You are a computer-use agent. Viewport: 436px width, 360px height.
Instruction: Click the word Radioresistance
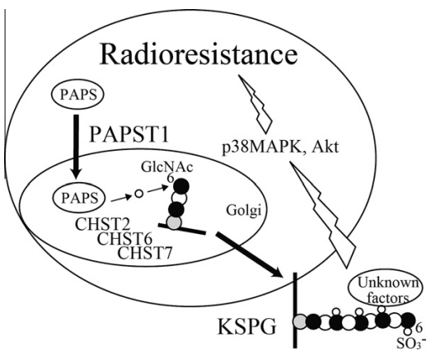point(199,54)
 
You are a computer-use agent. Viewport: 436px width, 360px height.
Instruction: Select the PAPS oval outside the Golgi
point(77,95)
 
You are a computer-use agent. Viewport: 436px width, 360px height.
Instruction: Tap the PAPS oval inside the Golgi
point(79,199)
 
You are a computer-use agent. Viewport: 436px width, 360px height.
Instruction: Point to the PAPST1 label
point(129,134)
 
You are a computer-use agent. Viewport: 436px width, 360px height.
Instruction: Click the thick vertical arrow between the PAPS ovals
point(76,146)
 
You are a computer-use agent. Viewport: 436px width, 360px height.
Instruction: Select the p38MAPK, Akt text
point(280,146)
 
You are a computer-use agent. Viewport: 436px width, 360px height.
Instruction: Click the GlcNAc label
point(166,167)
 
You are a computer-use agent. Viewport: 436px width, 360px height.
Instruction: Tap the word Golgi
point(244,210)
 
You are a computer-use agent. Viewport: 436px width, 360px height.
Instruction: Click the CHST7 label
point(145,253)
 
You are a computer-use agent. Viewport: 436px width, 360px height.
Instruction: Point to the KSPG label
point(246,327)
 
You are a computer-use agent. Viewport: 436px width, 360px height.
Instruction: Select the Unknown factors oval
point(386,291)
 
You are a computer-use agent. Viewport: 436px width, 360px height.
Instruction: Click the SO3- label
point(411,344)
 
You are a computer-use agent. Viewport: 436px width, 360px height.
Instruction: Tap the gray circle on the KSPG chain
point(300,321)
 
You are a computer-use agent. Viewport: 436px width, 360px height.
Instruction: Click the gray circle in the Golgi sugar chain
point(174,222)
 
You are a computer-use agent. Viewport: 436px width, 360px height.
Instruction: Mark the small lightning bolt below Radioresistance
point(256,103)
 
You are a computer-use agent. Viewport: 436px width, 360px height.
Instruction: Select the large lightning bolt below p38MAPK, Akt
point(323,215)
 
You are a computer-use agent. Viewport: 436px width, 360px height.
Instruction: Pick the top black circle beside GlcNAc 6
point(181,185)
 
